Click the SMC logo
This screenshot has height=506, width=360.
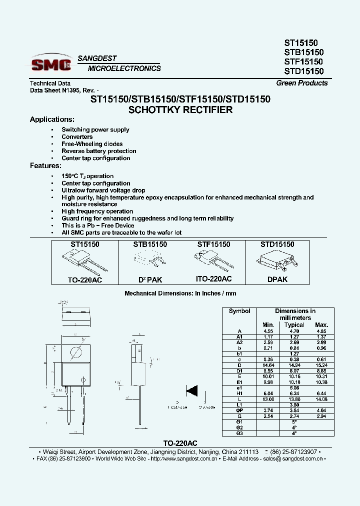(x=51, y=63)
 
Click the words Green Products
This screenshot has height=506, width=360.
(x=302, y=83)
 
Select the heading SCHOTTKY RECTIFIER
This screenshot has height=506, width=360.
(x=180, y=109)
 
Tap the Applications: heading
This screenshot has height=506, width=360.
(x=52, y=119)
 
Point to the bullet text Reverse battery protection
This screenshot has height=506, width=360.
(x=98, y=151)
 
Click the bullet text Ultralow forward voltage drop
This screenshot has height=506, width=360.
(x=103, y=190)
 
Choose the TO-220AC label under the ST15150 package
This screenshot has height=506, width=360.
(x=85, y=280)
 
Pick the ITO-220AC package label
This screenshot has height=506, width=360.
(x=214, y=279)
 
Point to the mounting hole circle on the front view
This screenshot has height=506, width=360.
(x=75, y=351)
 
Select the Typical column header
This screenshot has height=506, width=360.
(x=294, y=325)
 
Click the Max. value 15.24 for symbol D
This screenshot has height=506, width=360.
(x=321, y=365)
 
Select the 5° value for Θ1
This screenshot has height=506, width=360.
(x=294, y=421)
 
